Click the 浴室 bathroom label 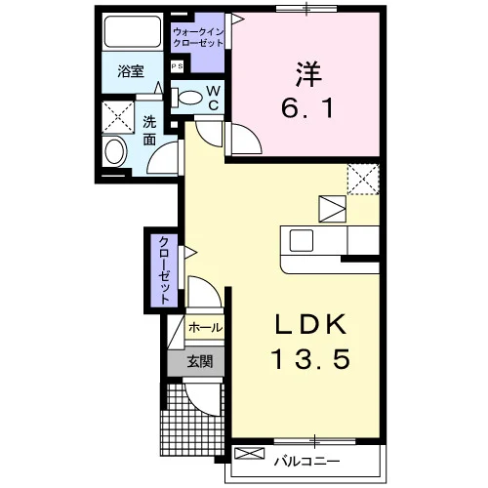[x=131, y=71]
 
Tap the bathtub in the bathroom [x=133, y=32]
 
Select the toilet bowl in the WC [x=188, y=97]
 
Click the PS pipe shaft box [x=178, y=66]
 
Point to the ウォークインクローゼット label [x=198, y=37]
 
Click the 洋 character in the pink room [x=308, y=74]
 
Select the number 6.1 [x=307, y=107]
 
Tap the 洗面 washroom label [x=149, y=131]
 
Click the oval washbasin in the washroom [x=115, y=152]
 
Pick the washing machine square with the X [x=118, y=117]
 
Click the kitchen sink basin [x=302, y=240]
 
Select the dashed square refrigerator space [x=363, y=180]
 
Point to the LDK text [x=310, y=324]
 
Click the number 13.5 [x=310, y=359]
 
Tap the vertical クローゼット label [x=164, y=270]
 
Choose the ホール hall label [x=205, y=327]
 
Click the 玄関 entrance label [x=200, y=361]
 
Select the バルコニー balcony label [x=306, y=461]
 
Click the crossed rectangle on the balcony [x=250, y=454]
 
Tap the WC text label [x=214, y=98]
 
